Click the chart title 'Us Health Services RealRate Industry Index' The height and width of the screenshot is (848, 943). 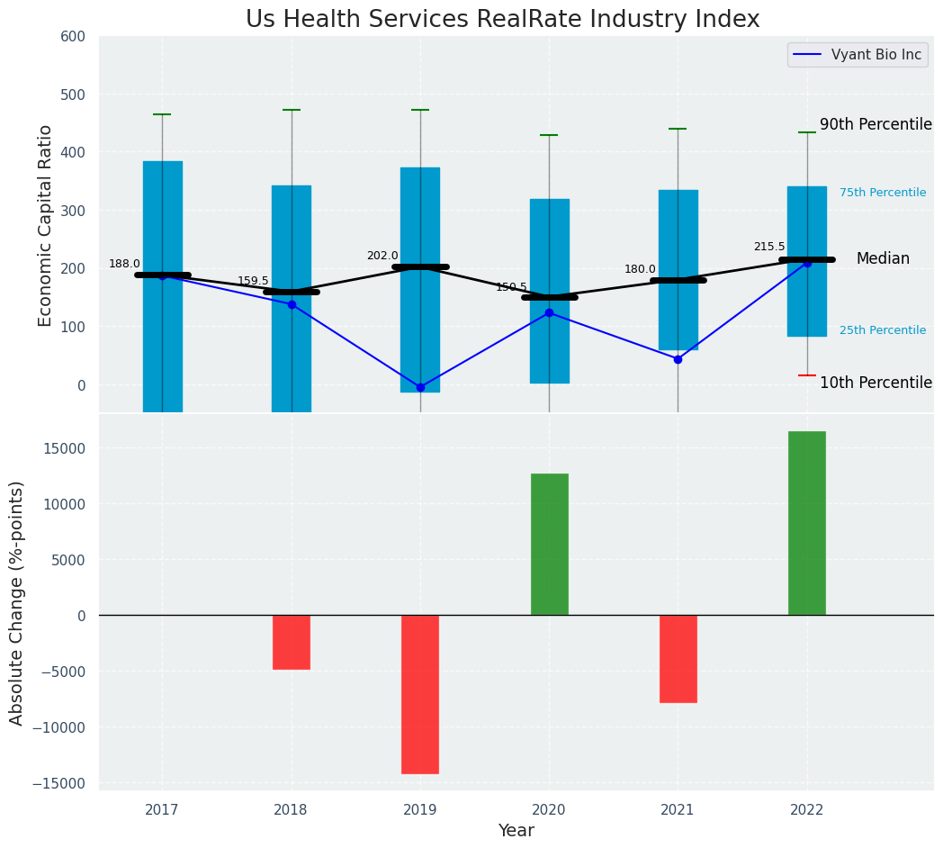(x=502, y=20)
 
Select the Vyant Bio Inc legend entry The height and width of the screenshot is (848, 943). (x=858, y=55)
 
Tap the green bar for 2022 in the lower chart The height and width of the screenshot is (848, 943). (x=806, y=523)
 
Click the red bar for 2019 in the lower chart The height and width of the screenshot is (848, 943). (x=420, y=694)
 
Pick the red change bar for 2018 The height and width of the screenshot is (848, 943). (x=292, y=642)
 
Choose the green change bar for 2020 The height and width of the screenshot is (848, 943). (x=549, y=544)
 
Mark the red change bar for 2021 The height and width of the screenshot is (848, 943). (x=678, y=658)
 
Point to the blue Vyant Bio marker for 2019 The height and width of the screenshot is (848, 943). (x=420, y=387)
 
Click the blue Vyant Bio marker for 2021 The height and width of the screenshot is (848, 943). (x=678, y=359)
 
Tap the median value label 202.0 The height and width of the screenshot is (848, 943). (x=382, y=256)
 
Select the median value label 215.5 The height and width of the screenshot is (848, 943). (x=768, y=247)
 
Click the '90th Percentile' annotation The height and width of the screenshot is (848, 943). (x=875, y=125)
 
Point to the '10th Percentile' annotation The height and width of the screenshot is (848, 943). (x=875, y=383)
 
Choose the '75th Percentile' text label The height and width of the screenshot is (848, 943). (x=882, y=193)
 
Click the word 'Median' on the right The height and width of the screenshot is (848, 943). (x=882, y=258)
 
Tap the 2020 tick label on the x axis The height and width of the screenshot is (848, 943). (x=549, y=809)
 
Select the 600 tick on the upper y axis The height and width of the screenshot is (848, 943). (x=73, y=37)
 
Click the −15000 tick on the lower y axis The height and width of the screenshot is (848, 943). (x=59, y=783)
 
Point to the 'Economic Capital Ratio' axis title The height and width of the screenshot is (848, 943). (x=46, y=225)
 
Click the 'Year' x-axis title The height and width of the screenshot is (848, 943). (x=516, y=831)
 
